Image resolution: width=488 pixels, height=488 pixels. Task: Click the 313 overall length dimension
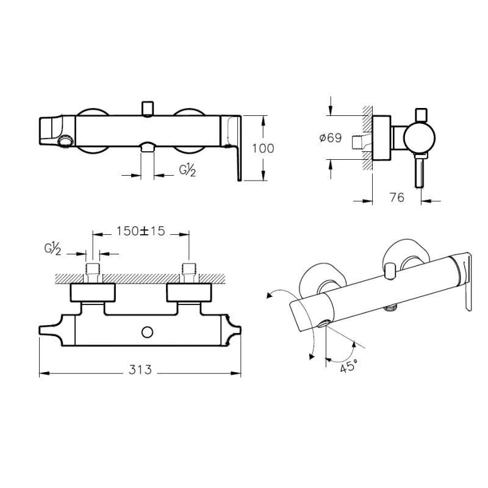(x=140, y=370)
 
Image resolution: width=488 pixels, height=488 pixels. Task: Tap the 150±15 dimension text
(x=141, y=231)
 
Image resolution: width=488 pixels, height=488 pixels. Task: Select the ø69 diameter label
(x=331, y=138)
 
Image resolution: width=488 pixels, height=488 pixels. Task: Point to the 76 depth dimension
(x=397, y=197)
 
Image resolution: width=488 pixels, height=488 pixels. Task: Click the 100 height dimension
(x=263, y=148)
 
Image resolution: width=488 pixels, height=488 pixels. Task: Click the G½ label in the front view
(x=187, y=170)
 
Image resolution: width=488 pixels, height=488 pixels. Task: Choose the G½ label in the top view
(x=52, y=249)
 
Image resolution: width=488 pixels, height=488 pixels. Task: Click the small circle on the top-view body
(x=147, y=332)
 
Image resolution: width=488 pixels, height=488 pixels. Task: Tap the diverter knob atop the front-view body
(x=148, y=109)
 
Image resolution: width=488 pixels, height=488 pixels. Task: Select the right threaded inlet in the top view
(x=189, y=273)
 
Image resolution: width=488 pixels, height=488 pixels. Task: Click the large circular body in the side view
(x=420, y=138)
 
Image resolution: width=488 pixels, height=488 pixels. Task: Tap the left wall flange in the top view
(x=93, y=292)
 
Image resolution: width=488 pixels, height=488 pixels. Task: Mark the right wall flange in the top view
(x=190, y=292)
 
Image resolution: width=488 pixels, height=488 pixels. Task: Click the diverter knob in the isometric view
(x=390, y=271)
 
